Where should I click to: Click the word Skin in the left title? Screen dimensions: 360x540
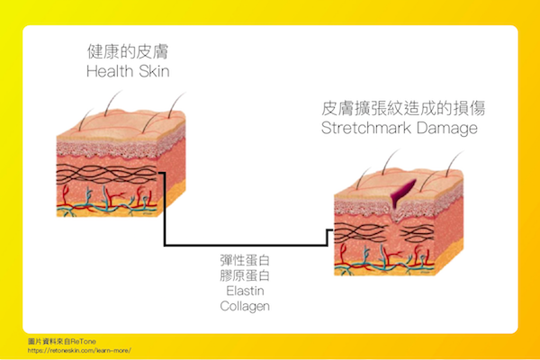149,71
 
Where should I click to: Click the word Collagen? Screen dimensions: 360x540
245,306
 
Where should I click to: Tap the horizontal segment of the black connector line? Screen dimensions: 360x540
243,243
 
